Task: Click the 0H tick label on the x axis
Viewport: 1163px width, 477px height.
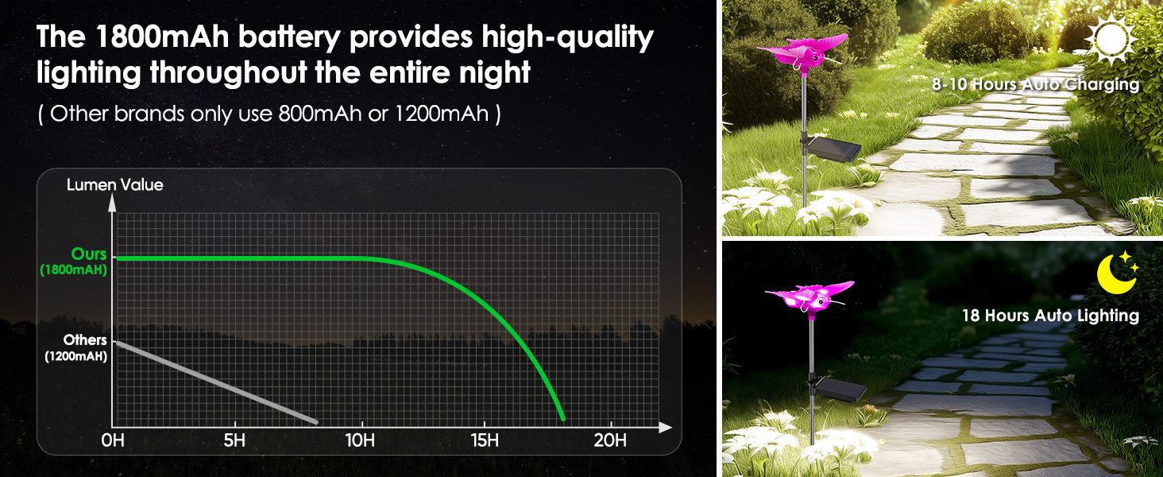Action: pyautogui.click(x=114, y=440)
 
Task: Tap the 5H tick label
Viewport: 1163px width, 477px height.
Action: pyautogui.click(x=234, y=440)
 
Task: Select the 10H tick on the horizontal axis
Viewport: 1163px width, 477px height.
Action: pyautogui.click(x=360, y=440)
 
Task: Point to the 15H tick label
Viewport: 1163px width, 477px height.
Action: pyautogui.click(x=485, y=440)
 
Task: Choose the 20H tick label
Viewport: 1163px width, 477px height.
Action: pyautogui.click(x=610, y=440)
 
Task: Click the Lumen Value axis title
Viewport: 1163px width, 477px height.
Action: pyautogui.click(x=114, y=185)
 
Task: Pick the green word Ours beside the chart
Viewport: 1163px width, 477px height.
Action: pyautogui.click(x=89, y=254)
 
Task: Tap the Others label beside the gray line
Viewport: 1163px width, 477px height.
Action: pyautogui.click(x=85, y=340)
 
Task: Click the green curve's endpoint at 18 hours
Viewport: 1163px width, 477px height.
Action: pyautogui.click(x=562, y=418)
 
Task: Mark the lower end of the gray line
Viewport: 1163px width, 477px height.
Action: pyautogui.click(x=316, y=421)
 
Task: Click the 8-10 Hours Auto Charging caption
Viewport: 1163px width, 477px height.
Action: pyautogui.click(x=1035, y=84)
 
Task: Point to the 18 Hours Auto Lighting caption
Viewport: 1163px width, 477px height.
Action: pyautogui.click(x=1050, y=316)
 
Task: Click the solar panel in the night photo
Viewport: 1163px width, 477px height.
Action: pyautogui.click(x=839, y=389)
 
